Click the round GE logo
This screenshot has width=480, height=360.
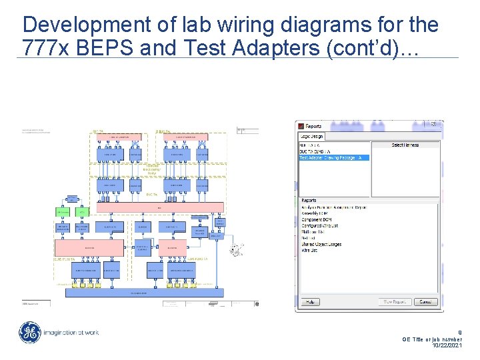29,333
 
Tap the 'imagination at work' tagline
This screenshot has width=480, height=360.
71,333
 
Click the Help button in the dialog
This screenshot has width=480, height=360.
310,302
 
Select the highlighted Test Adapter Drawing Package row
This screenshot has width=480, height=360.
334,158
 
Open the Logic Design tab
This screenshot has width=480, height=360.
312,137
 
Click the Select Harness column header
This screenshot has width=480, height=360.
405,145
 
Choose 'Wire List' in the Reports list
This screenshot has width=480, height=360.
310,251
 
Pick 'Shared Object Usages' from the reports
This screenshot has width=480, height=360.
321,244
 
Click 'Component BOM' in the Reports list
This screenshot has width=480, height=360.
317,219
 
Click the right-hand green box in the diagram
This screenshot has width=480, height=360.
82,211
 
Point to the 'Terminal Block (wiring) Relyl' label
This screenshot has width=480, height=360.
153,169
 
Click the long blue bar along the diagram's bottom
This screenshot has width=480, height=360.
139,293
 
